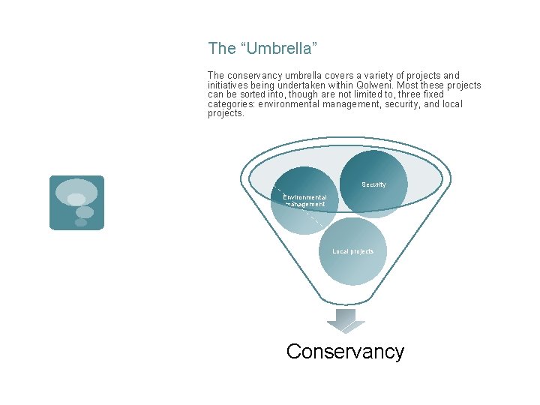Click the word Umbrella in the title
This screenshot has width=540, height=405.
click(x=278, y=49)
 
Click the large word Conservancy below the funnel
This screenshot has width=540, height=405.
click(x=345, y=351)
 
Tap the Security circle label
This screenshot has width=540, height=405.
click(x=373, y=184)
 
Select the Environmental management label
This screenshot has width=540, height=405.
click(x=304, y=200)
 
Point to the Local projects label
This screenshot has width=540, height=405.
click(x=353, y=251)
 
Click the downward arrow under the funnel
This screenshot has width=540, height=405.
click(x=345, y=319)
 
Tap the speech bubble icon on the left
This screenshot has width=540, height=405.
click(x=76, y=202)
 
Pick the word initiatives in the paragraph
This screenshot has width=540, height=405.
click(x=229, y=85)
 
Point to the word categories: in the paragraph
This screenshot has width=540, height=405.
click(x=231, y=104)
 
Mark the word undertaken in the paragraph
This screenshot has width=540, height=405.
click(x=304, y=85)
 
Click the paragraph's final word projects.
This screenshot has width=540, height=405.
click(x=226, y=114)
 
